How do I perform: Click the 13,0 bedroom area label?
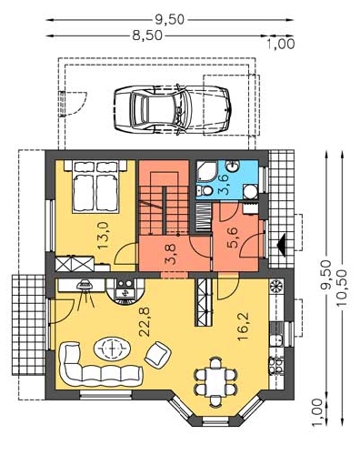pos(104,235)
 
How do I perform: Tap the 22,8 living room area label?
pos(145,322)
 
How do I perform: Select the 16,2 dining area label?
pos(244,327)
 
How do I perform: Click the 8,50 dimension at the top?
pos(147,35)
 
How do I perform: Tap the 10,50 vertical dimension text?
pos(342,288)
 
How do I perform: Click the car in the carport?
pos(173,109)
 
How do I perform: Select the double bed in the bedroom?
pos(95,186)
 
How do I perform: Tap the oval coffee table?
pos(112,349)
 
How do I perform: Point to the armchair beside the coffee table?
pos(157,355)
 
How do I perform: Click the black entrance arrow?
pos(282,245)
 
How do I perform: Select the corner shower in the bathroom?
pos(206,171)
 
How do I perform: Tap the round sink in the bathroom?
pos(234,166)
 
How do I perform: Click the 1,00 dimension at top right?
pos(281,45)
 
